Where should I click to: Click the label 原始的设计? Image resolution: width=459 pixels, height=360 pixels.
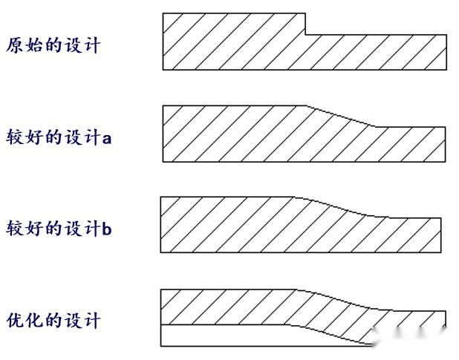click(x=53, y=45)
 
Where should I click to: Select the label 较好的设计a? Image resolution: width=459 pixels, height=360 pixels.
click(x=59, y=137)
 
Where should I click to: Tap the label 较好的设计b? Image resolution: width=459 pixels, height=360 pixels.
click(x=59, y=228)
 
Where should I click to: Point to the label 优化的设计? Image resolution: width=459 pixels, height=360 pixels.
click(x=53, y=321)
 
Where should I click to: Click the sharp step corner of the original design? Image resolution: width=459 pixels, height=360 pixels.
click(x=306, y=33)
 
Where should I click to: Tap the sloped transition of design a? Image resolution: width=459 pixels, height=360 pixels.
click(x=340, y=116)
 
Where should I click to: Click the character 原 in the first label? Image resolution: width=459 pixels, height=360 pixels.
click(x=14, y=45)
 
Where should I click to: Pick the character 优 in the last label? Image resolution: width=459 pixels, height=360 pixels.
click(x=14, y=321)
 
